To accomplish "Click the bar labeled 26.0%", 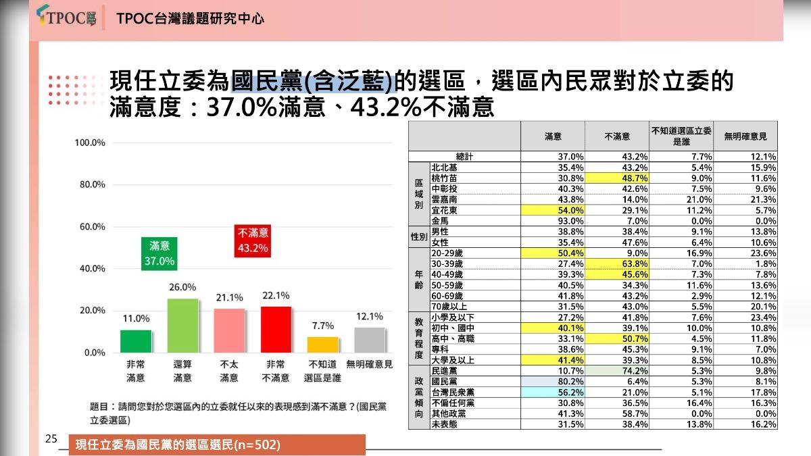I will (x=183, y=326).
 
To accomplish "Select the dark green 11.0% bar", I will (x=136, y=341).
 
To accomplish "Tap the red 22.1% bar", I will (x=276, y=330).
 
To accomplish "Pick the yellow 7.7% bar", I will (x=322, y=345).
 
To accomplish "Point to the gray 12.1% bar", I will (x=370, y=340).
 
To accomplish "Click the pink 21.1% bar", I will (x=230, y=330).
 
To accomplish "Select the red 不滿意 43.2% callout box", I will (x=253, y=241).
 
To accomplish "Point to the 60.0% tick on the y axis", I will (x=90, y=227).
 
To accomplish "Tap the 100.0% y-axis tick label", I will (x=90, y=143).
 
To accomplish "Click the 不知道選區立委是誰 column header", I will (x=681, y=136).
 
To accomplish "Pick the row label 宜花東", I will (x=447, y=210).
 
